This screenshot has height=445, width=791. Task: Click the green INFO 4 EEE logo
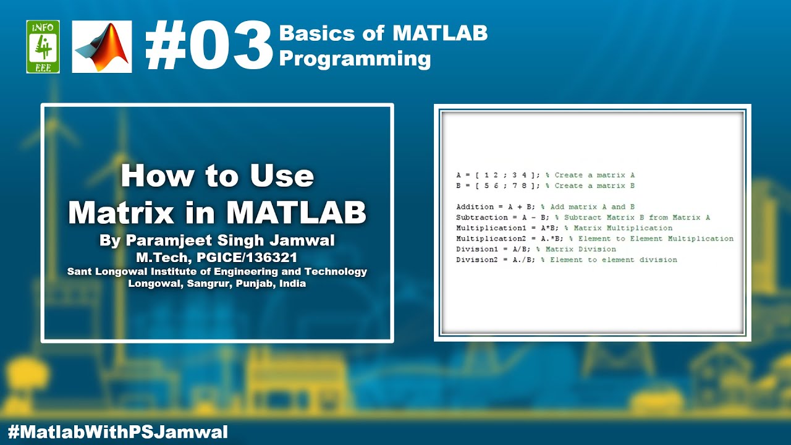[43, 46]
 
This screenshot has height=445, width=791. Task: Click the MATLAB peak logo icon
[102, 46]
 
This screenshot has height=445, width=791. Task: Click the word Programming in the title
[355, 59]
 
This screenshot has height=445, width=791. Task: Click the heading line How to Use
[218, 176]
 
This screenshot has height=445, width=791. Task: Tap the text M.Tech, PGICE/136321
[217, 257]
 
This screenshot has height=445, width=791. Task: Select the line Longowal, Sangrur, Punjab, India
[217, 284]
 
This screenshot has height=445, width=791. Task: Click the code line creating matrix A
[545, 176]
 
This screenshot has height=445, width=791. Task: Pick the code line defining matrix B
[545, 186]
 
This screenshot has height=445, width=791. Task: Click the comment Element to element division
[613, 260]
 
